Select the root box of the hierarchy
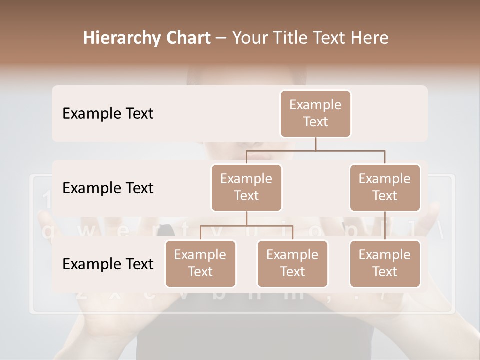pos(315,113)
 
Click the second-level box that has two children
pos(246,187)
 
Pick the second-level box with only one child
pos(385,187)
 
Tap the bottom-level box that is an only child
pos(385,263)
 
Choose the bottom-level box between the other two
pos(292,263)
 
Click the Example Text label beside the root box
pos(108,114)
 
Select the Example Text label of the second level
pos(108,188)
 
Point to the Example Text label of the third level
pos(108,264)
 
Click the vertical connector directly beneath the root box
pos(315,144)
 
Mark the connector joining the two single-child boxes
pos(385,225)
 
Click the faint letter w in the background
pos(86,231)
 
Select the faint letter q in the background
pos(48,232)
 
